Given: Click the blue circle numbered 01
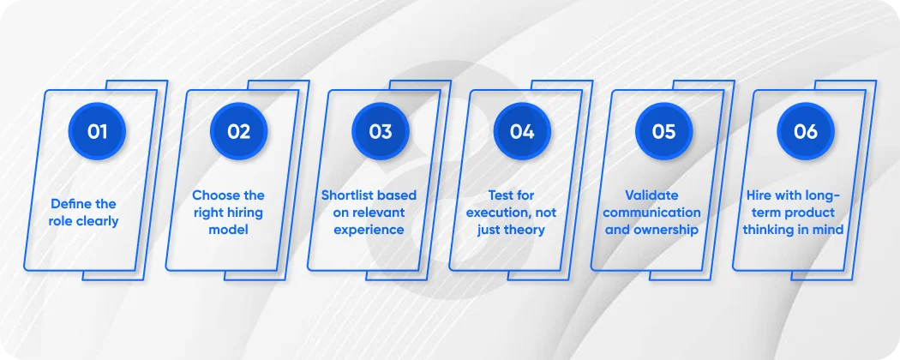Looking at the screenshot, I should coord(97,132).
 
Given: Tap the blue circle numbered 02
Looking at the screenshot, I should coord(239,132).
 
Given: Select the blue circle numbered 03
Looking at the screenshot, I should coord(381,132).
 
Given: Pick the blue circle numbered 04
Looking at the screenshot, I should coord(522,132).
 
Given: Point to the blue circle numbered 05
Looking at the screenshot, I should coord(664,132).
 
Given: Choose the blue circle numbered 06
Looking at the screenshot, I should coord(806,132).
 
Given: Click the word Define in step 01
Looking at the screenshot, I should coord(71,204).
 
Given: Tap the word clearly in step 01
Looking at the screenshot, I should coord(101,221).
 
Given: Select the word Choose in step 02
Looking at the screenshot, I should coord(215,195).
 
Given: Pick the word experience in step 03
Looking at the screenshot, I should coord(369,230).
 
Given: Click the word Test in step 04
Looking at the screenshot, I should coord(501,195).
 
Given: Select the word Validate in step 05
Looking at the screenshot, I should coord(652,195).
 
